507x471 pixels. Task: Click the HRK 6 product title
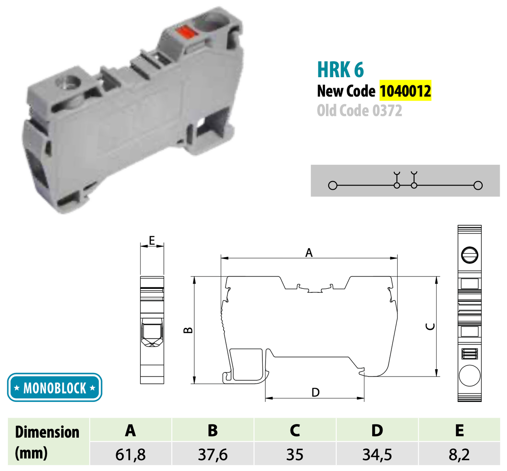(x=340, y=69)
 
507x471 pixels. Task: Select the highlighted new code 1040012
(x=405, y=91)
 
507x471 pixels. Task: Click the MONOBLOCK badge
(x=54, y=388)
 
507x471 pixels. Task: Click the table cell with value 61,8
(x=130, y=455)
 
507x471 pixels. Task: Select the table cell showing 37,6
(x=213, y=455)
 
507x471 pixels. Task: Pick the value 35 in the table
(x=295, y=455)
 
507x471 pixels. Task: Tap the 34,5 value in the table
(x=377, y=455)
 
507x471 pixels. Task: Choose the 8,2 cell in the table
(x=459, y=455)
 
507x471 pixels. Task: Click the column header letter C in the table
(x=295, y=430)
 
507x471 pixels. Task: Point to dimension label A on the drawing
(x=309, y=253)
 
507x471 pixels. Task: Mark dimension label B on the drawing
(x=188, y=330)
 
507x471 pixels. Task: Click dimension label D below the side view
(x=315, y=392)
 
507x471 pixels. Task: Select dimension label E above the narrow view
(x=152, y=240)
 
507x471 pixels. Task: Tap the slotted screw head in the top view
(x=469, y=255)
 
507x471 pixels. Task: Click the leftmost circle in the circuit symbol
(x=333, y=185)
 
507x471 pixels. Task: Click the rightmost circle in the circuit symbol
(x=478, y=185)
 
